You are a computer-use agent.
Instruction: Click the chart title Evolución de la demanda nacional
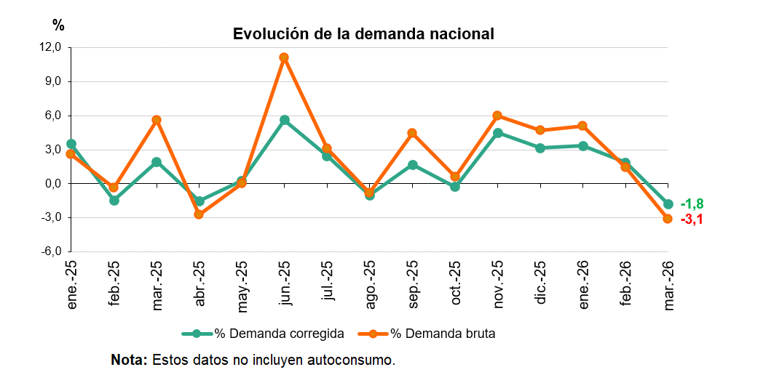(x=363, y=34)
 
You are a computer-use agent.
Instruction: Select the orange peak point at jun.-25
(x=284, y=57)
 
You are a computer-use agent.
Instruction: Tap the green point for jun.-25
(x=284, y=120)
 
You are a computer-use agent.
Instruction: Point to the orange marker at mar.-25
(x=156, y=120)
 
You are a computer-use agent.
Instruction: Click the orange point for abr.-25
(x=199, y=214)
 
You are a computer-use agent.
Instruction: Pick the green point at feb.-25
(x=114, y=201)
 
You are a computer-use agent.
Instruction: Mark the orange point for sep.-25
(x=412, y=133)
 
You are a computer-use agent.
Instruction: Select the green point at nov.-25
(x=497, y=133)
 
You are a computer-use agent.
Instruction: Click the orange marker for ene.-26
(x=582, y=126)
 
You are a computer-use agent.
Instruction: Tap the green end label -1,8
(x=692, y=204)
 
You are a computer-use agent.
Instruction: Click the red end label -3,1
(x=692, y=219)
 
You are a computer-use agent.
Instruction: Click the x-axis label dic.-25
(x=540, y=286)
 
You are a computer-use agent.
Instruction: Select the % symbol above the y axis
(x=58, y=25)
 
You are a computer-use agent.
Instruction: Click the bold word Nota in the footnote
(x=128, y=360)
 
